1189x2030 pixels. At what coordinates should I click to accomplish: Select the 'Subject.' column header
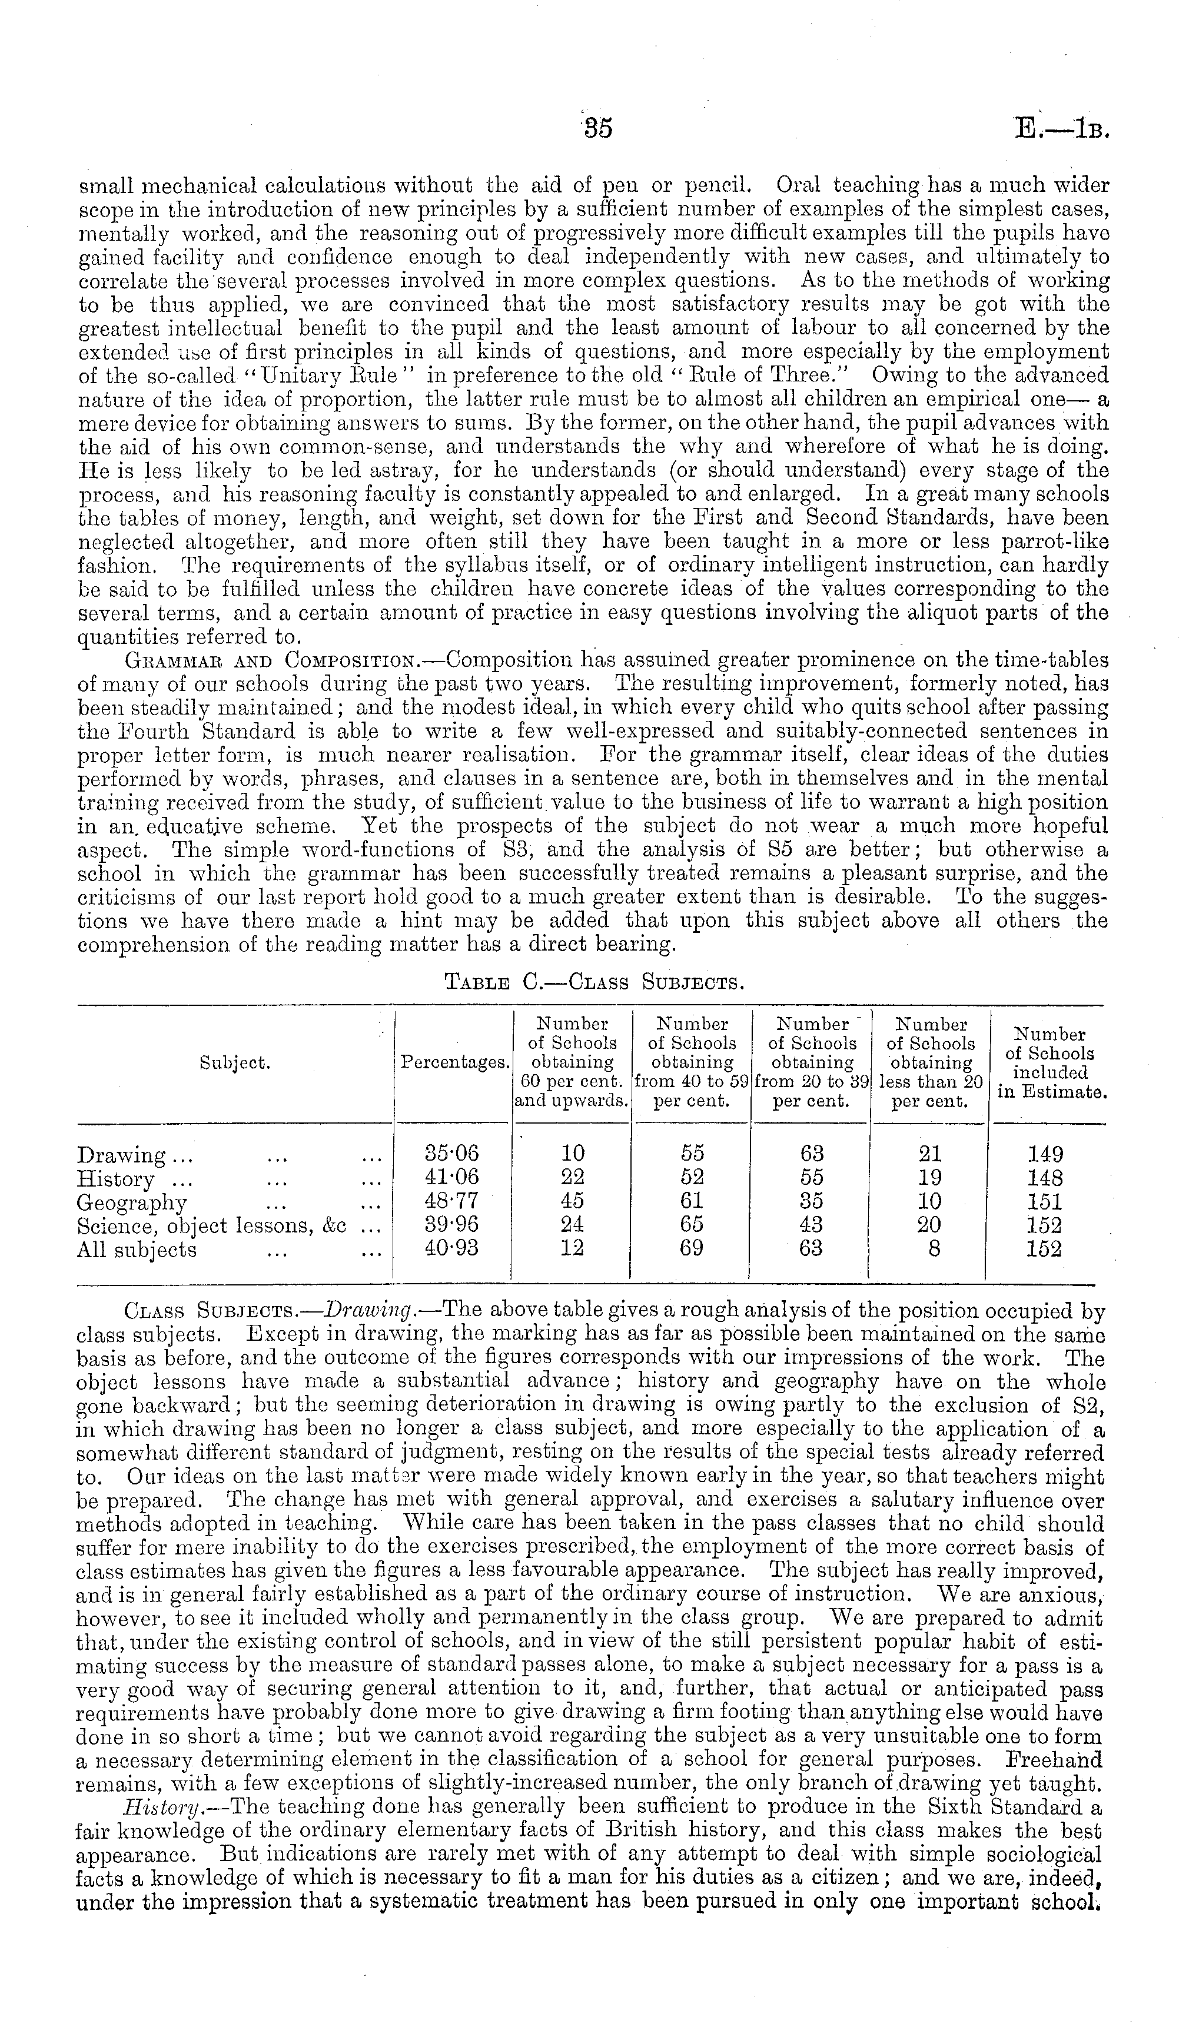234,1064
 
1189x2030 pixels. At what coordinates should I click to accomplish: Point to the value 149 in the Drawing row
1045,1154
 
